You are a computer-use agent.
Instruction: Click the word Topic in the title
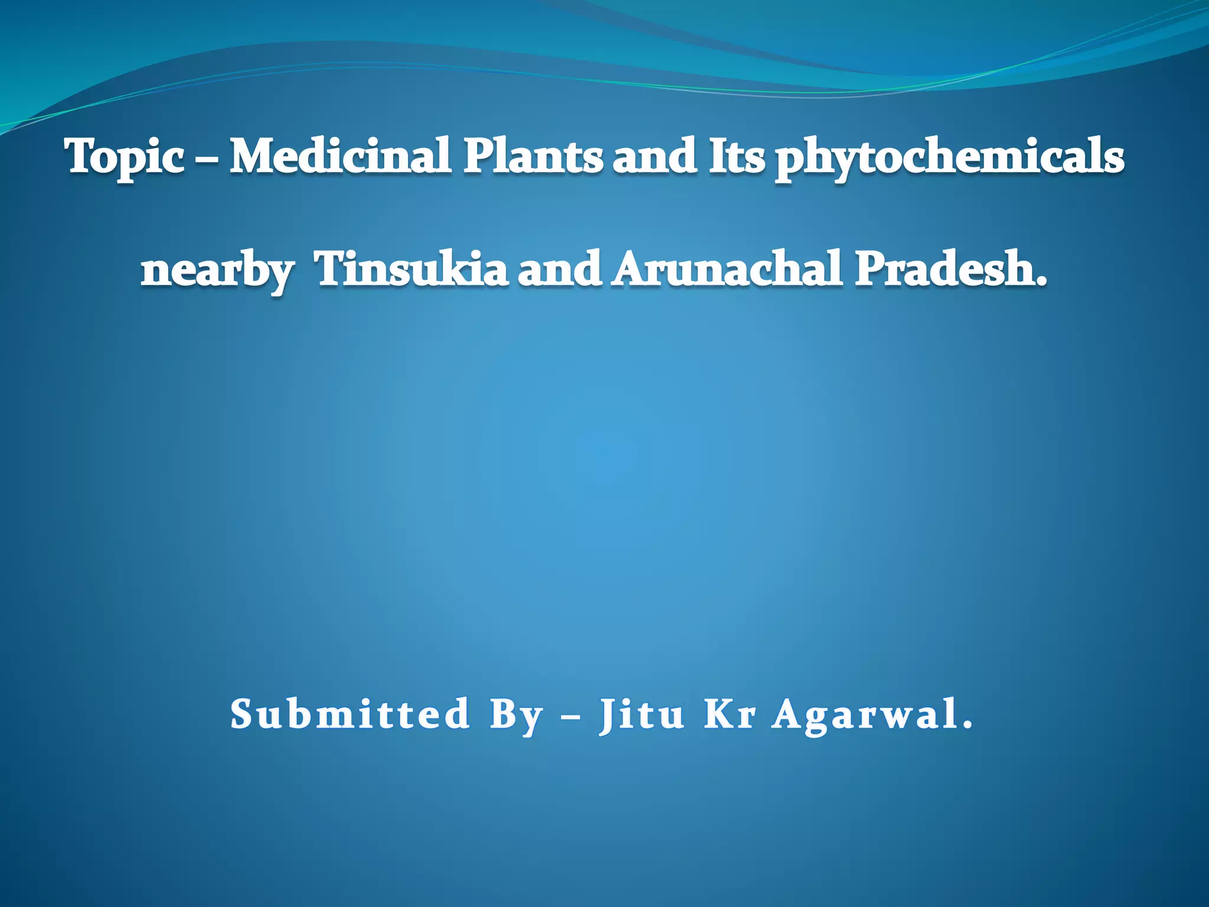click(125, 156)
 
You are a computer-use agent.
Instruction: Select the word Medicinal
click(341, 156)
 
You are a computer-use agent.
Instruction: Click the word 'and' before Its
click(655, 156)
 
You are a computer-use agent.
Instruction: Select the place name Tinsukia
click(411, 269)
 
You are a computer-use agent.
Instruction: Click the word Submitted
click(349, 714)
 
